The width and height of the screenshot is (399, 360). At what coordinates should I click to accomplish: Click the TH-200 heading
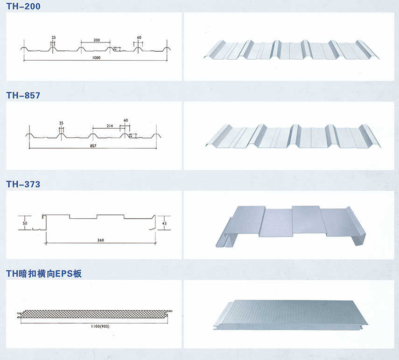click(23, 6)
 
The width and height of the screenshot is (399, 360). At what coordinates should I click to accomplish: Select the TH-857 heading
click(23, 95)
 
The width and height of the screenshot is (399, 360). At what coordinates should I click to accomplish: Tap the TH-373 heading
click(23, 185)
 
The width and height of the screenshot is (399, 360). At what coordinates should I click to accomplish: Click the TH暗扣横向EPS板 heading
click(44, 274)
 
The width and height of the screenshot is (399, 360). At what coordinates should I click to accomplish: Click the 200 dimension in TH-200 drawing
click(97, 40)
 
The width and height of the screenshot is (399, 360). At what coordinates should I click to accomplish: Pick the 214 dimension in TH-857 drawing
click(110, 126)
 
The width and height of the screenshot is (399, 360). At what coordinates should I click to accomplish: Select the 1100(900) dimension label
click(98, 325)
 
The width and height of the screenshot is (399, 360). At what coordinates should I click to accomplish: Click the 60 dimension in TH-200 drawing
click(139, 37)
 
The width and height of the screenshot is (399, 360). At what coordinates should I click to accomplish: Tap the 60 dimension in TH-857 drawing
click(126, 120)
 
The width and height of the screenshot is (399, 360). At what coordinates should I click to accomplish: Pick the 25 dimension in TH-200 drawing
click(53, 37)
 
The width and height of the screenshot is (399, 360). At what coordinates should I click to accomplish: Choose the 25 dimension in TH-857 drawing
click(61, 123)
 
